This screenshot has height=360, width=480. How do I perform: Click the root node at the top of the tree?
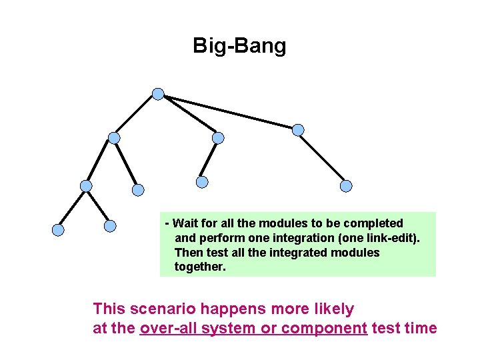coord(157,94)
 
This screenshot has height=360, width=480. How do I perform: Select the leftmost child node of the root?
coord(114,138)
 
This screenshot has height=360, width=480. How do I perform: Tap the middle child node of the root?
coord(218,138)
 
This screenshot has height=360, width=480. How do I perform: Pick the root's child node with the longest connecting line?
coord(298,129)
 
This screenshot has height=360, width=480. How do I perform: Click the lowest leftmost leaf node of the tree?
coord(58,230)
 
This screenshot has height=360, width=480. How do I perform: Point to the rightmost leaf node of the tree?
coord(345,187)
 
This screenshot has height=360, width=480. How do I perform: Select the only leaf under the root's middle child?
coord(202,181)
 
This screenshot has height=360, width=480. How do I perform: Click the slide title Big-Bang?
coord(239,46)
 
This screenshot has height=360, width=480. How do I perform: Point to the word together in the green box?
coord(200,267)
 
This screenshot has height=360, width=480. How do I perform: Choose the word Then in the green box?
coord(187,253)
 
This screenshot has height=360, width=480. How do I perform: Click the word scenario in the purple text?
coord(159,309)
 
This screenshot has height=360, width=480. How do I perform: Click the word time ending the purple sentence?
coord(423,328)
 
